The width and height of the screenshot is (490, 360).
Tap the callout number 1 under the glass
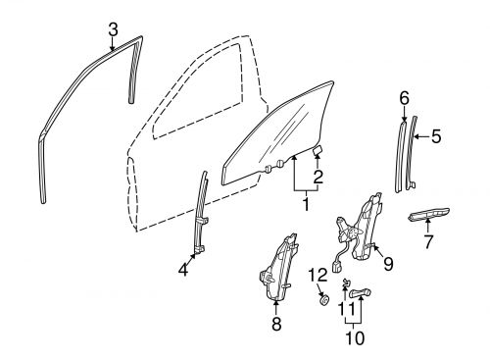click(x=306, y=205)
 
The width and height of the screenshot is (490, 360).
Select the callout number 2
click(x=318, y=178)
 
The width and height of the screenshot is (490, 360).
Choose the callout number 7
click(x=427, y=241)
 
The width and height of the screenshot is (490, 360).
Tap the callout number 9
click(x=388, y=263)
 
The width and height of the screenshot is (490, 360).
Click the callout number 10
click(x=354, y=338)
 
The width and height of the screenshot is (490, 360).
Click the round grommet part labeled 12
click(x=319, y=300)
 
